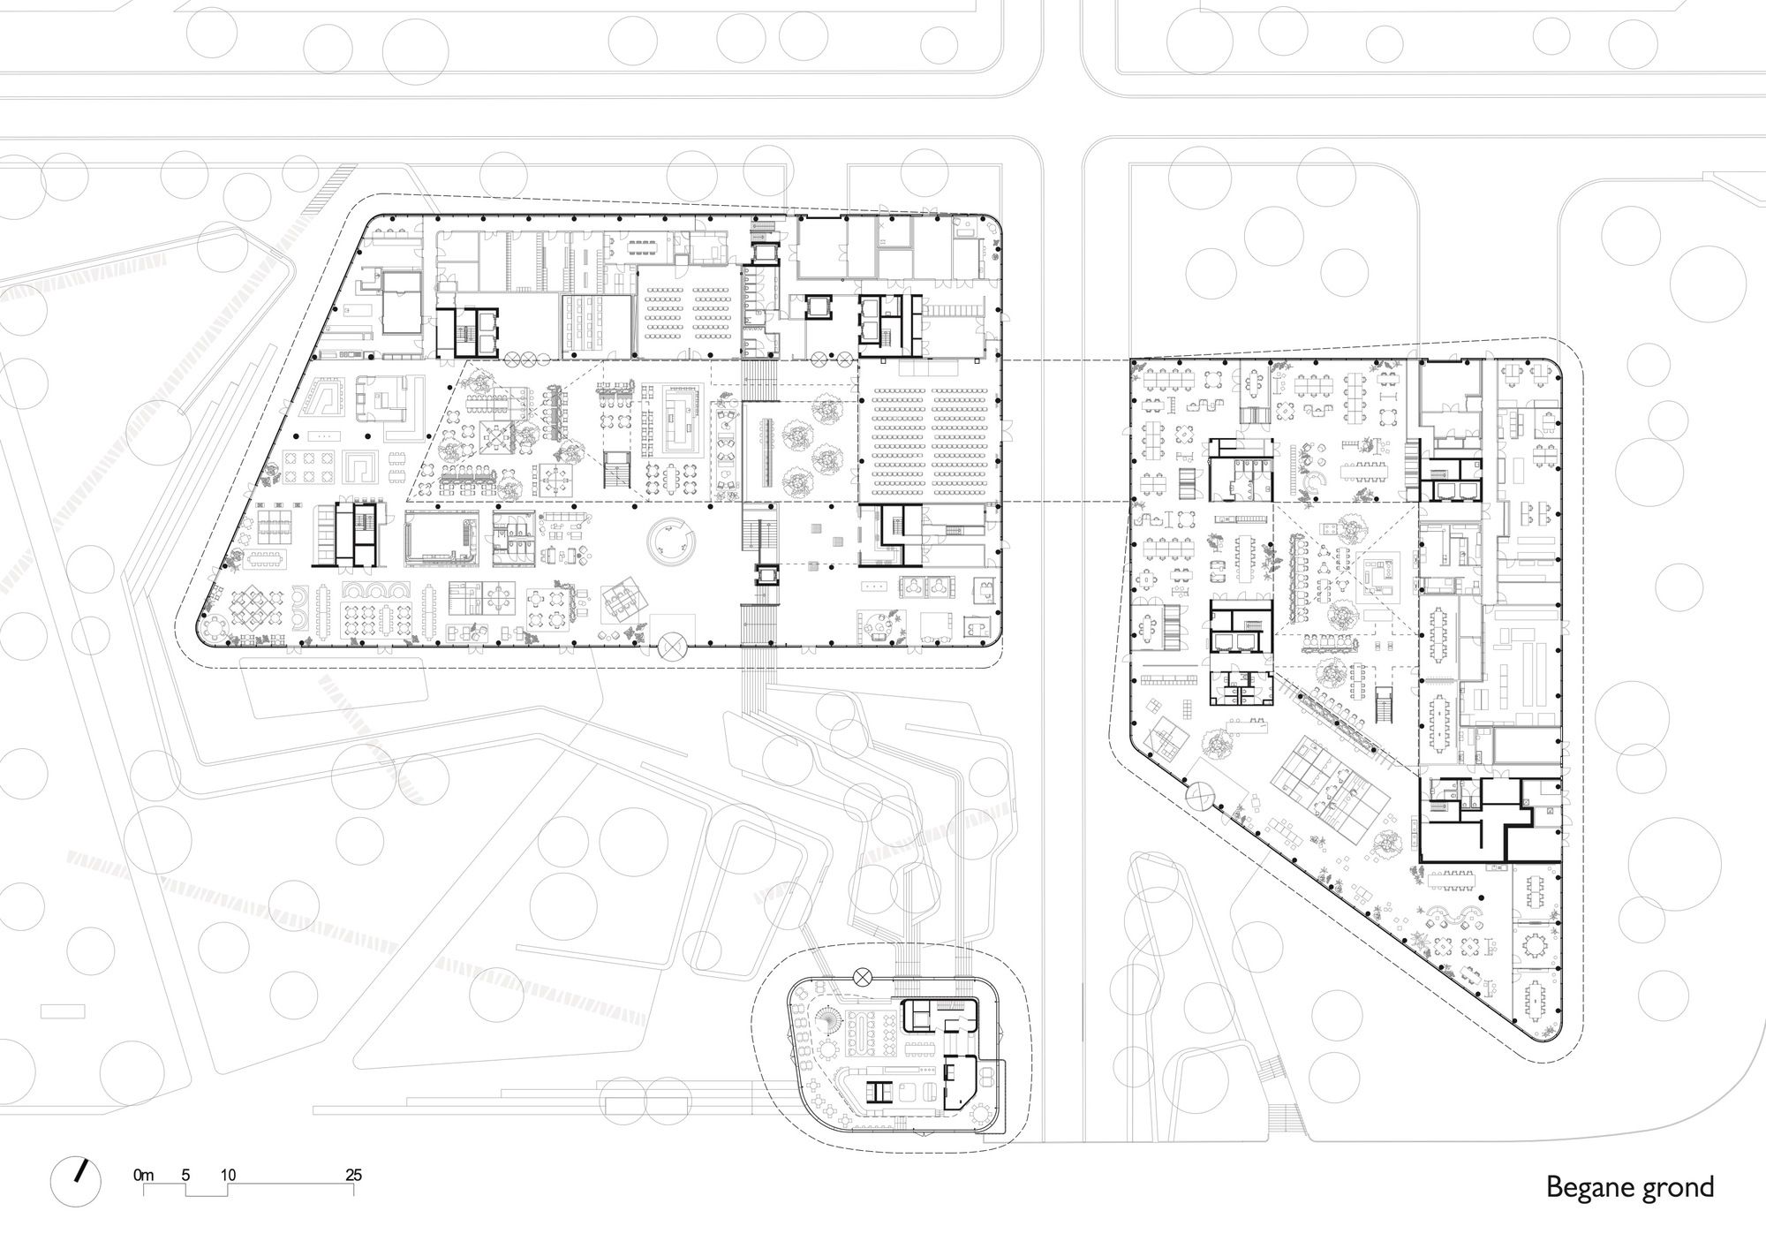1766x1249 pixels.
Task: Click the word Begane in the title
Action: (x=1585, y=1185)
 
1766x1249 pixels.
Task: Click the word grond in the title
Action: (x=1672, y=1188)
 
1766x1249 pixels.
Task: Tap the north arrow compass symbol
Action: (x=78, y=1177)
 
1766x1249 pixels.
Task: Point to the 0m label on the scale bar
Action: (x=144, y=1175)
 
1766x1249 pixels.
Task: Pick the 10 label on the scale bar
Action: (x=228, y=1175)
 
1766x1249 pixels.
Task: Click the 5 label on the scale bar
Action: (x=185, y=1175)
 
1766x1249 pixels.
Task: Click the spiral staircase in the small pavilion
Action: (x=831, y=1024)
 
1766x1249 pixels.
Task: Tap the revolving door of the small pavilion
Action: (x=863, y=976)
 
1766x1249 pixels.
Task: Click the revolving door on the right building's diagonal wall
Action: (x=1201, y=798)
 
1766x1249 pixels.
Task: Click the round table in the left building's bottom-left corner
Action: (x=215, y=626)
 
